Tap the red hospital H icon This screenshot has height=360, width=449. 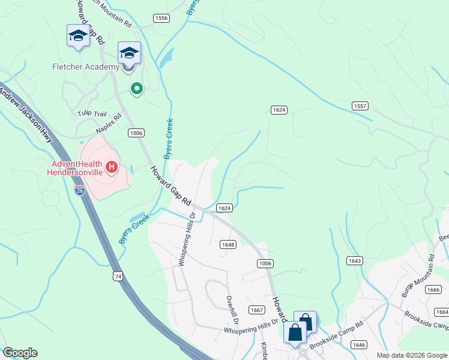110,167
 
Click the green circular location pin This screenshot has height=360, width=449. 137,89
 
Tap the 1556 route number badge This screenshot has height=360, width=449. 161,19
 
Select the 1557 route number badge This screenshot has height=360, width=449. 360,106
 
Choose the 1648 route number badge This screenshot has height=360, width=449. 228,244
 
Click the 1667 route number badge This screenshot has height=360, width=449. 257,310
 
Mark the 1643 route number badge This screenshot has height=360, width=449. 354,260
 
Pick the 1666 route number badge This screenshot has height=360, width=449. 433,289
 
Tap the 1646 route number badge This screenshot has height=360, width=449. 359,344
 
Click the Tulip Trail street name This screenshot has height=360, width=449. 91,113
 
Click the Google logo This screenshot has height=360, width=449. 20,353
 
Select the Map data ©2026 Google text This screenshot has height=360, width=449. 411,355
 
